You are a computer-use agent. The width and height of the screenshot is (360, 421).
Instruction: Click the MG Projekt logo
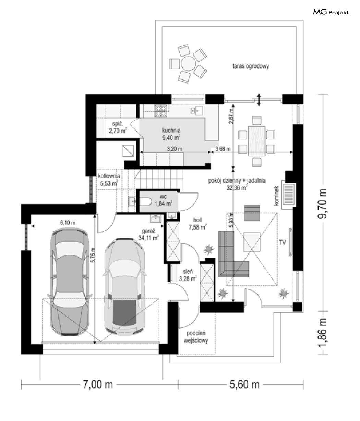click(x=331, y=12)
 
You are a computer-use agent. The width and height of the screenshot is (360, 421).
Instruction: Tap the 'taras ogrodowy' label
click(x=251, y=66)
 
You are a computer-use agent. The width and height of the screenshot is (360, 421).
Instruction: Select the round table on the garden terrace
click(x=188, y=63)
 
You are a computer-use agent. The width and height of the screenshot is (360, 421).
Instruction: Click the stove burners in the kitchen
click(x=161, y=111)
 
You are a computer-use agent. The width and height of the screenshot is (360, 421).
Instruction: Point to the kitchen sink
click(x=197, y=110)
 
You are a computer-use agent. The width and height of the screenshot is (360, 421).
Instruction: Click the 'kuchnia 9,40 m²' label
click(x=171, y=134)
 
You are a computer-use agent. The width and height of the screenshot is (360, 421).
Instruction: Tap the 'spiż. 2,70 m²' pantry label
click(x=118, y=127)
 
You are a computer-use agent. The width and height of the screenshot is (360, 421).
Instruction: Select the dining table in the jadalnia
click(x=257, y=141)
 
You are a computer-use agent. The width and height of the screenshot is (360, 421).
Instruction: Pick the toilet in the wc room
click(x=145, y=201)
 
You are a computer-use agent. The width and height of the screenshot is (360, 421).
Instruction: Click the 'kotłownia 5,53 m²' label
click(x=109, y=179)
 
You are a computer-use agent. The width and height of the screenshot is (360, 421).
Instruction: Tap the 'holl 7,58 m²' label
click(x=197, y=223)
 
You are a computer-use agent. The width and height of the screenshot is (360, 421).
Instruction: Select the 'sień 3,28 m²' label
click(x=188, y=275)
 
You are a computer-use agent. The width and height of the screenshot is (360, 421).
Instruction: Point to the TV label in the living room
click(x=282, y=243)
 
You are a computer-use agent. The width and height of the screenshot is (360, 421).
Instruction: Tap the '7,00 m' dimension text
click(x=98, y=385)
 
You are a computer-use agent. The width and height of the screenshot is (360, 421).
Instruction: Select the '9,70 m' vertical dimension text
click(x=322, y=203)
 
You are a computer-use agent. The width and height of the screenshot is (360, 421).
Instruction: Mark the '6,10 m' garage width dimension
click(x=68, y=223)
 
